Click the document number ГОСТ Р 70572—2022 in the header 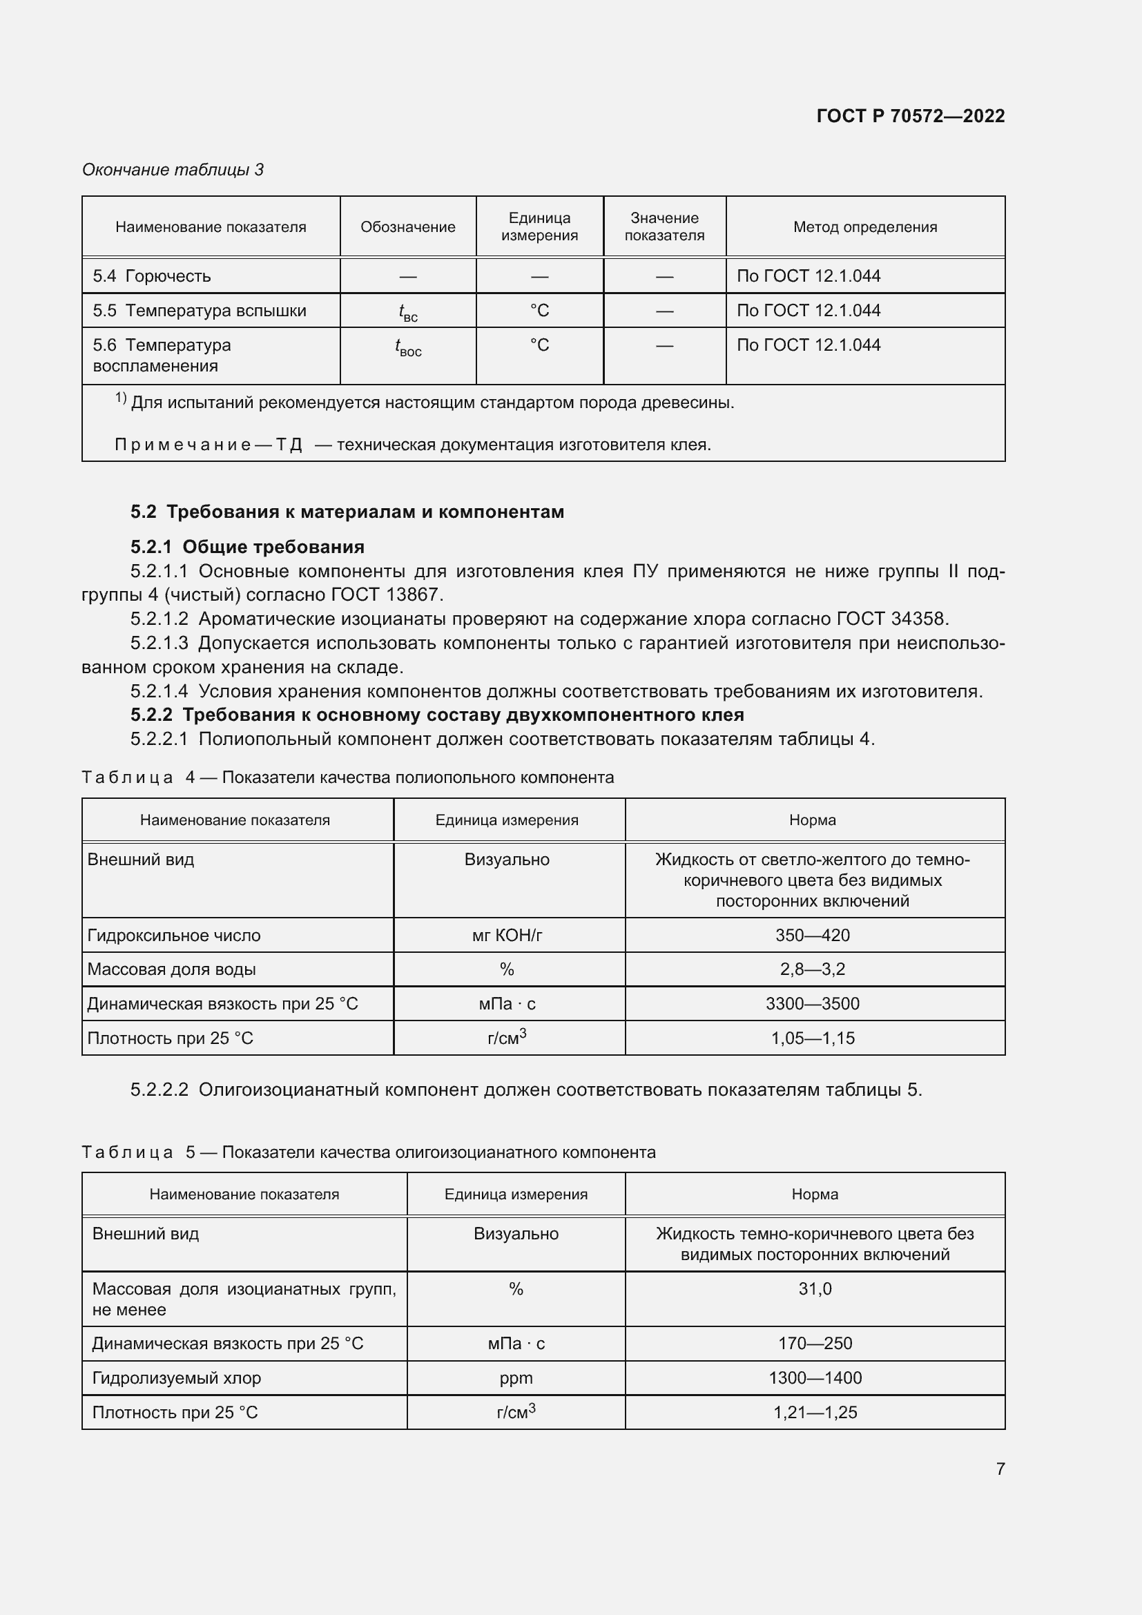[910, 116]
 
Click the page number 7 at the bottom [1000, 1469]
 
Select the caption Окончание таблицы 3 [173, 170]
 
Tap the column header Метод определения [864, 227]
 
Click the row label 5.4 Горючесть [152, 275]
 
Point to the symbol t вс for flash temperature [408, 311]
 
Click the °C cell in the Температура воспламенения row [539, 345]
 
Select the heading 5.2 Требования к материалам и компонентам [347, 512]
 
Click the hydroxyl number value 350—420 [812, 936]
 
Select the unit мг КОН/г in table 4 [507, 936]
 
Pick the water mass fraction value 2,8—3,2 [812, 969]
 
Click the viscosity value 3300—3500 [812, 1004]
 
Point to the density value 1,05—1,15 [812, 1038]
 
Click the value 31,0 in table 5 [814, 1288]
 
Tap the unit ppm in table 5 [516, 1378]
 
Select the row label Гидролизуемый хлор [177, 1378]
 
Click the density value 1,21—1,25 [815, 1413]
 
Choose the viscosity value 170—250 [814, 1344]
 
